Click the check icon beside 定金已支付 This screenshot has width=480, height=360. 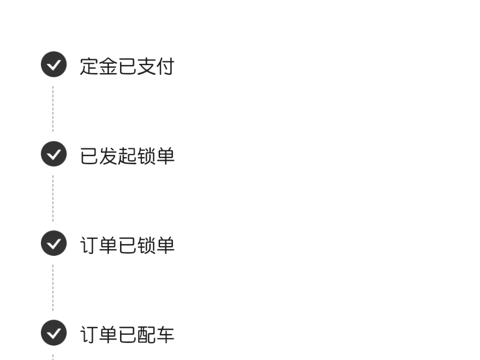(53, 64)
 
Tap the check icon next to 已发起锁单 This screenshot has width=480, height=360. (53, 153)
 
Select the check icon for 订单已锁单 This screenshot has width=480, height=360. (53, 243)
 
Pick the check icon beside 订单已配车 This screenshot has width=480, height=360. (53, 333)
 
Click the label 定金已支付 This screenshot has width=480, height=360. (127, 66)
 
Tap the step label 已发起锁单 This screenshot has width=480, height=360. (127, 156)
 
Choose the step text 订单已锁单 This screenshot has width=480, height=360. (127, 245)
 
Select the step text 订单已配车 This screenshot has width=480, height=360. (127, 334)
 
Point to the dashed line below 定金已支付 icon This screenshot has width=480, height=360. (53, 109)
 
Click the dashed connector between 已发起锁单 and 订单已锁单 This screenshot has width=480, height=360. (53, 198)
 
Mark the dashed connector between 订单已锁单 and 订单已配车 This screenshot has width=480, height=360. (53, 288)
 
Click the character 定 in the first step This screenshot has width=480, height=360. (89, 66)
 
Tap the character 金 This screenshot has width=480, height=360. (108, 66)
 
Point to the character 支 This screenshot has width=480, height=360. (147, 66)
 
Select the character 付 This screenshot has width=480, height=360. (165, 66)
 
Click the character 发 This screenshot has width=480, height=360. (108, 156)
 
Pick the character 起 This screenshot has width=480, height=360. (127, 156)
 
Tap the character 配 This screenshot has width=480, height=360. (147, 334)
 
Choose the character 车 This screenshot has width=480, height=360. (165, 334)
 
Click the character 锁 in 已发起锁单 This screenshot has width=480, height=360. (147, 156)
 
